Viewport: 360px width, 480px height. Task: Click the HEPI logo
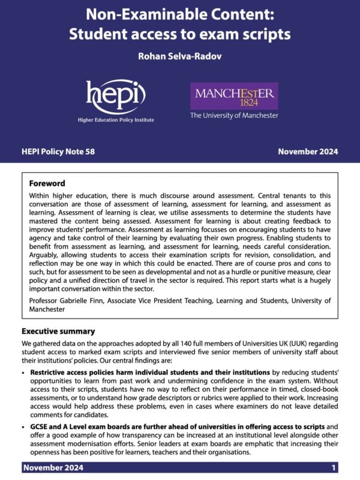(x=116, y=97)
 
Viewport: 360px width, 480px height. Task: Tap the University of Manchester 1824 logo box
(x=234, y=96)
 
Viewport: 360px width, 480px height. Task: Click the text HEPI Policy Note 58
(x=58, y=152)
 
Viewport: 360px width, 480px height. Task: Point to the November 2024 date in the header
(x=308, y=152)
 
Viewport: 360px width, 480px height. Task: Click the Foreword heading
(x=47, y=184)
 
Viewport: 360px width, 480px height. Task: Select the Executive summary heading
(x=58, y=331)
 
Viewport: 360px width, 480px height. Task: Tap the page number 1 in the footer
(x=334, y=467)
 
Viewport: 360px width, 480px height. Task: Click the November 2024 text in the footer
(x=53, y=467)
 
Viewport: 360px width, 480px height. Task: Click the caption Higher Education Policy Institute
(x=116, y=120)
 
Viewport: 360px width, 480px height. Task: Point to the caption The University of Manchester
(x=234, y=115)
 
